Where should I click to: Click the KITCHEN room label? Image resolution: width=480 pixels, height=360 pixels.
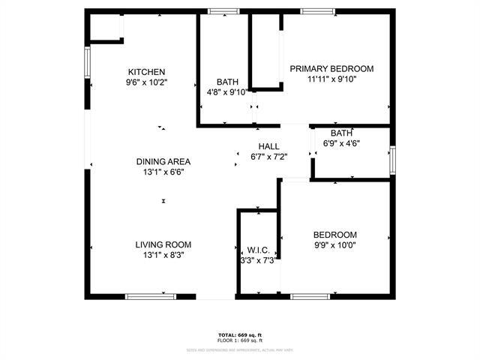[146, 72]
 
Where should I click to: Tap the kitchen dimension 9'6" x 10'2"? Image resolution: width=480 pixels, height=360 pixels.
[146, 82]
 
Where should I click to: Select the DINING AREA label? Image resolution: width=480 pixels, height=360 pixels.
[163, 161]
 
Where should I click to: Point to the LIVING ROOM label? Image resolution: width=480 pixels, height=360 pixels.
[163, 244]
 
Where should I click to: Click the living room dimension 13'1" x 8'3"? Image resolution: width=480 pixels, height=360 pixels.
[163, 255]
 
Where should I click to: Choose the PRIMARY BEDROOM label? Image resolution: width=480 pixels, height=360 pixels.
[331, 68]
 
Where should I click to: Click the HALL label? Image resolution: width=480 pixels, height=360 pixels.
[268, 146]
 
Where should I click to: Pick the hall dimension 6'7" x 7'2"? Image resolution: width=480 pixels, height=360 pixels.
[268, 157]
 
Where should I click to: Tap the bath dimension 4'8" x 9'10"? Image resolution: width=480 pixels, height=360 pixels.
[227, 92]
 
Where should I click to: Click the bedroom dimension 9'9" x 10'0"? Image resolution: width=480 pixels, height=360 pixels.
[334, 244]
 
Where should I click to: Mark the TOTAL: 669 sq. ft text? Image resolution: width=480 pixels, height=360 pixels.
[239, 334]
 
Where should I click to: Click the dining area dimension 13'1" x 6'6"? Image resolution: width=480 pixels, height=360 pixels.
[163, 172]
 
